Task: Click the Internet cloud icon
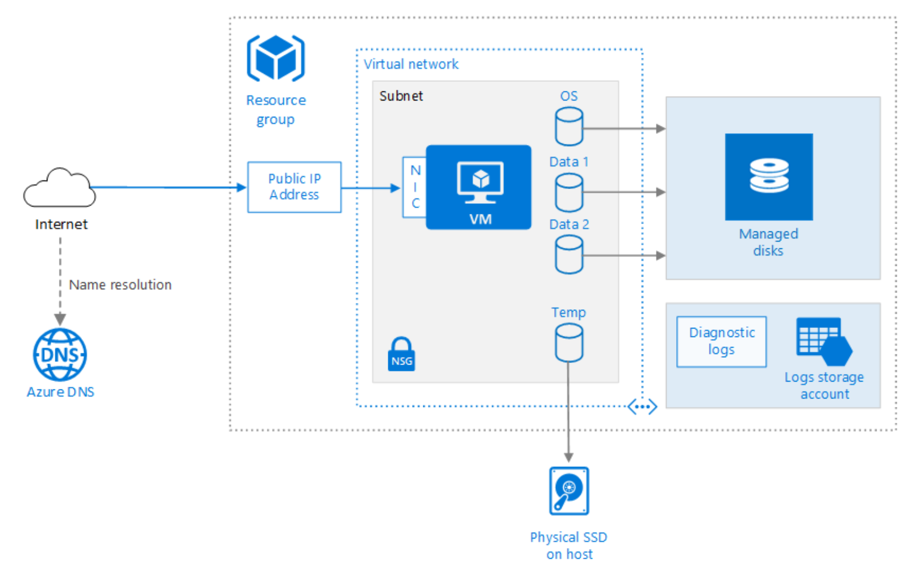pos(59,189)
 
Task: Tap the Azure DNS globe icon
pos(60,355)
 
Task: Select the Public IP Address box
pos(294,187)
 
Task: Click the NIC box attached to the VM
pos(415,187)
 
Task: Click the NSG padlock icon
pos(401,354)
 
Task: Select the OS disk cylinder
pos(568,126)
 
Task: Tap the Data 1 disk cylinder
pos(568,192)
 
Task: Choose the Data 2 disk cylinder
pos(568,255)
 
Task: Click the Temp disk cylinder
pos(568,343)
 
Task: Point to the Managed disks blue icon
pos(768,177)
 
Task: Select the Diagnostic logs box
pos(721,341)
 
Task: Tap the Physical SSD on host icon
pos(569,490)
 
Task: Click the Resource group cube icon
pos(275,58)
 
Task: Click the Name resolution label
pos(120,285)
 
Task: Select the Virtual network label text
pos(411,64)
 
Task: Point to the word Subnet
pos(401,96)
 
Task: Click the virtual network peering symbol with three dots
pos(642,407)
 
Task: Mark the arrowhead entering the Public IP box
pos(242,187)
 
